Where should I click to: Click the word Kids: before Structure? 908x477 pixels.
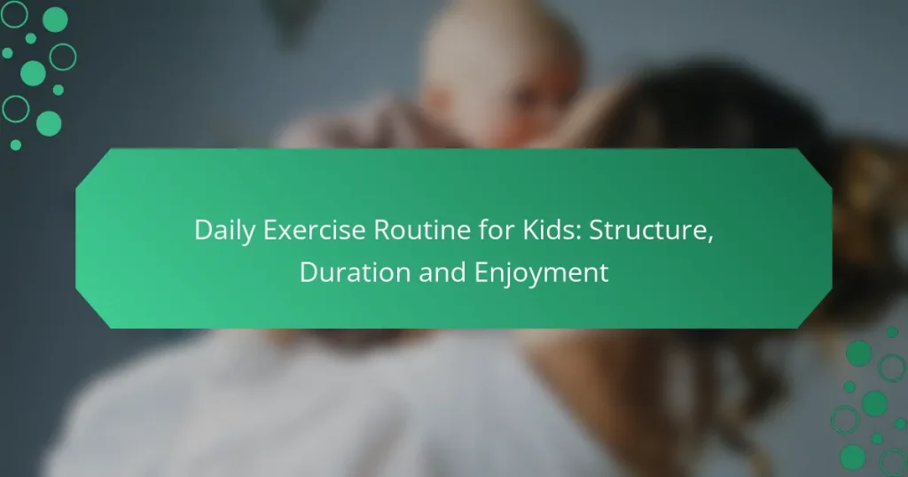[x=525, y=232]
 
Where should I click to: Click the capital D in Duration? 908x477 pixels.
[x=307, y=272]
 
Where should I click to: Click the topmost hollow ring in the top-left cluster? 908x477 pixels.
[x=15, y=13]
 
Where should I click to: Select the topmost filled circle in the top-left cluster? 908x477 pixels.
[x=55, y=19]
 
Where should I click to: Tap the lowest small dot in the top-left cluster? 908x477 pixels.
[x=15, y=145]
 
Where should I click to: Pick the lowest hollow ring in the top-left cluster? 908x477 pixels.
[x=15, y=108]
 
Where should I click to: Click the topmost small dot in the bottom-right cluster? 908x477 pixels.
[x=891, y=332]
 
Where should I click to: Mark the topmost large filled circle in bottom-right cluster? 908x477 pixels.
[x=858, y=353]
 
